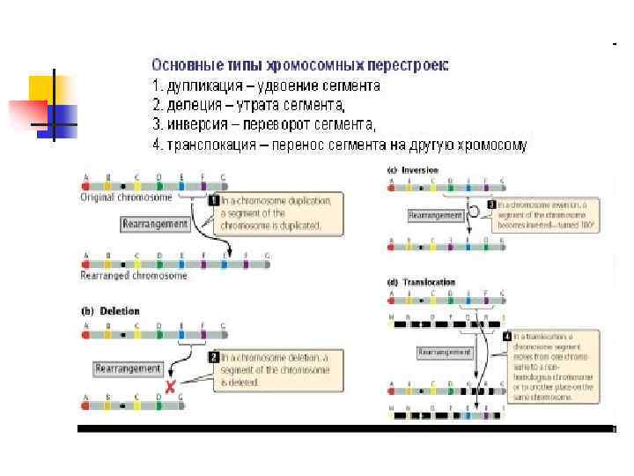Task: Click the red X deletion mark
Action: (168, 386)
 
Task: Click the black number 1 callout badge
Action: (212, 201)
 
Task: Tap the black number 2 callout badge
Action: (213, 358)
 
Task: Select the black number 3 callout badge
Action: (491, 205)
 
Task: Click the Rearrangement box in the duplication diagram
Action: (155, 224)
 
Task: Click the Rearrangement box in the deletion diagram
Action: (129, 368)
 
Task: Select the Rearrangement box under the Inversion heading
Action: (436, 215)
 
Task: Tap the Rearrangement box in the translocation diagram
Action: (445, 352)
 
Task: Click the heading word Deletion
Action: (120, 311)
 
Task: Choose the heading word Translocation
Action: (429, 282)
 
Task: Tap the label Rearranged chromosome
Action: (133, 275)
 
